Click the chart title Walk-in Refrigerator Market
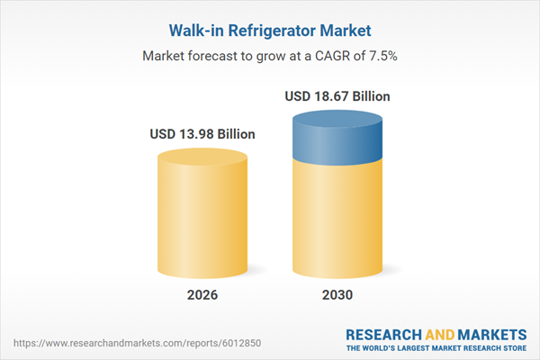click(270, 30)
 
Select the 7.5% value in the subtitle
click(382, 56)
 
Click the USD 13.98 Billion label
click(202, 134)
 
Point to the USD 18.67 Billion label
click(337, 96)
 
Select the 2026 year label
click(202, 295)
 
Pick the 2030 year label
click(337, 295)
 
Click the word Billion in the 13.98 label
click(234, 134)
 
